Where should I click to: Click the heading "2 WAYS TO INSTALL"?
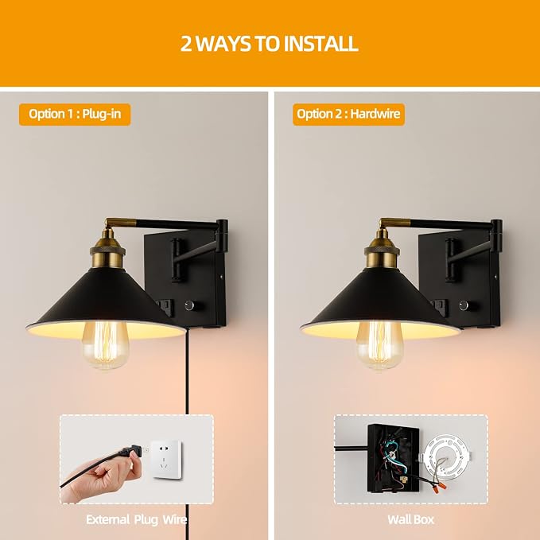point(270,44)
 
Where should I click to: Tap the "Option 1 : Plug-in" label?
point(75,114)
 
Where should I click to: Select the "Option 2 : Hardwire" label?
point(348,114)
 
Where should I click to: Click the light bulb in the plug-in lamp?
point(105,344)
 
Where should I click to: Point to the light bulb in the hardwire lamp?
point(379,344)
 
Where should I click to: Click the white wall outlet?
point(167,459)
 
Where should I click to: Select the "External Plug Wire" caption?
point(136,519)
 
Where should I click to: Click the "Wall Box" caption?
point(411,519)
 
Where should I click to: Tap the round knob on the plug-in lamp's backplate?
point(190,305)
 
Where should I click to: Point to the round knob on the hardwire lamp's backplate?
point(464,305)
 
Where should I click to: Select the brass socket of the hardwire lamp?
point(382,249)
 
